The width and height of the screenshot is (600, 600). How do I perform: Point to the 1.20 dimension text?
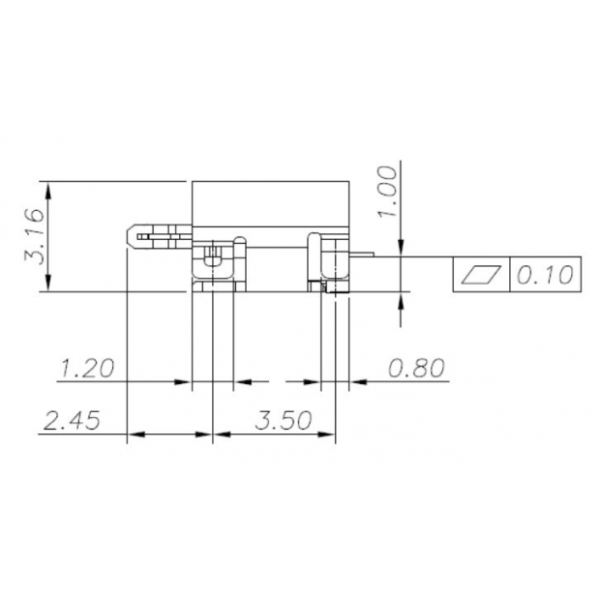pos(86,368)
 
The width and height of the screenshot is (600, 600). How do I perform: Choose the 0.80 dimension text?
pos(415,368)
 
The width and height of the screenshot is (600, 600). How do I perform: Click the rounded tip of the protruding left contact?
pos(131,234)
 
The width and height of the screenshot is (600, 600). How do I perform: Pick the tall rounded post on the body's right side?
pos(314,256)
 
